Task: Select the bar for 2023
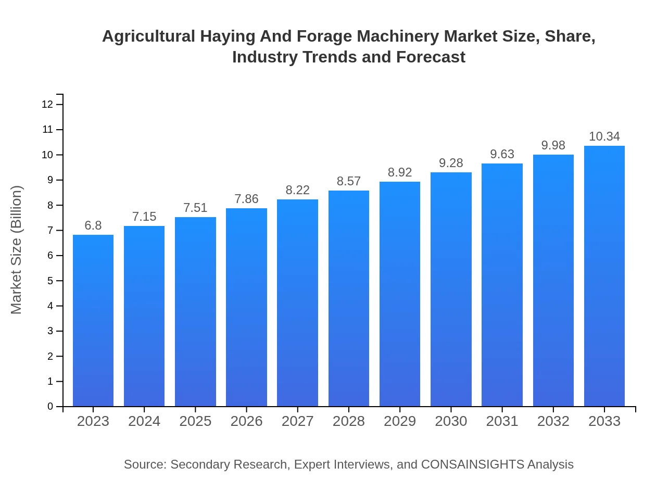(93, 320)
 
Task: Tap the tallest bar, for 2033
(604, 276)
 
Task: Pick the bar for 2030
(451, 289)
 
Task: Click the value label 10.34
(604, 136)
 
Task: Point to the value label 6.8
(93, 225)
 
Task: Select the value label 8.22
(298, 190)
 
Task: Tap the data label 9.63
(502, 154)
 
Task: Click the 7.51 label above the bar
(195, 208)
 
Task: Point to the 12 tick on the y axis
(47, 104)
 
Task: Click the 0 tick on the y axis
(51, 406)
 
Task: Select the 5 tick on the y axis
(51, 281)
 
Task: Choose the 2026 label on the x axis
(246, 421)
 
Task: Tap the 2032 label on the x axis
(553, 421)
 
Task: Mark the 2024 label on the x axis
(144, 421)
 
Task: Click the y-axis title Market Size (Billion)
(17, 250)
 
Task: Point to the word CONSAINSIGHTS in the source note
(472, 464)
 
